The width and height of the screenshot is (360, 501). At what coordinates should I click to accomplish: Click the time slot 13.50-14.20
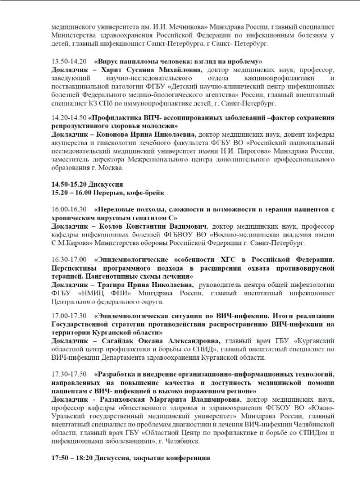coord(68,61)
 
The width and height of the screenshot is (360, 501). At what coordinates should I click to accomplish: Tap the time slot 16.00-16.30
coord(68,209)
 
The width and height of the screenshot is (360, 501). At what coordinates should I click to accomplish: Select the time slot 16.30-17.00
coord(68,259)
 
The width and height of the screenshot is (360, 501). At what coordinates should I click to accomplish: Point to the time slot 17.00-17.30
coord(68,316)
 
